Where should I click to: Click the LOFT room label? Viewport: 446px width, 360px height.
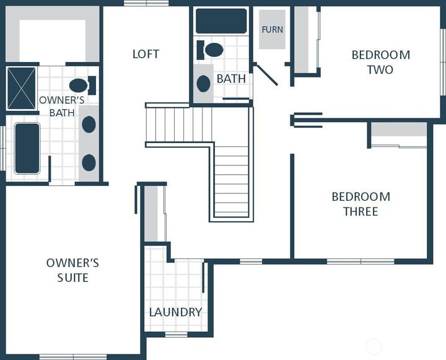(x=146, y=54)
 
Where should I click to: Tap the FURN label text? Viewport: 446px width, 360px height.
(x=273, y=30)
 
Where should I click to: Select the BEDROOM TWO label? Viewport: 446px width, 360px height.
(x=380, y=62)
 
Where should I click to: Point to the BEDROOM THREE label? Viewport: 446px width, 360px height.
(x=361, y=204)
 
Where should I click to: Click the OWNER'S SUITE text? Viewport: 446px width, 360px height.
(x=72, y=270)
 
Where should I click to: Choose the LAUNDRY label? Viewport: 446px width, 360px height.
(x=175, y=312)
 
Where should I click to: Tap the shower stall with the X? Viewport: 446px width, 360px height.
(x=21, y=88)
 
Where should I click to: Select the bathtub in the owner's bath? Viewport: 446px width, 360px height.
(x=27, y=148)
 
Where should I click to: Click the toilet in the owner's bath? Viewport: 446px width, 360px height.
(x=81, y=85)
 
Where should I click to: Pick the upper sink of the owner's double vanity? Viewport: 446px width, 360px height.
(x=89, y=125)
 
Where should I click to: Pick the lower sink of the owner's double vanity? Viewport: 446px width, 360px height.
(x=89, y=163)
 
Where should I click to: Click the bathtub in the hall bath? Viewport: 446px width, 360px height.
(x=221, y=20)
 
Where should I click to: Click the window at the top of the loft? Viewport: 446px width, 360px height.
(x=146, y=3)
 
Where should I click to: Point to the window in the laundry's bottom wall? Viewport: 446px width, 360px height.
(x=177, y=335)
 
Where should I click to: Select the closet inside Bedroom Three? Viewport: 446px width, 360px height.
(x=398, y=134)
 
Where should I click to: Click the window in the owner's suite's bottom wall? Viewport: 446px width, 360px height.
(x=72, y=356)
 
